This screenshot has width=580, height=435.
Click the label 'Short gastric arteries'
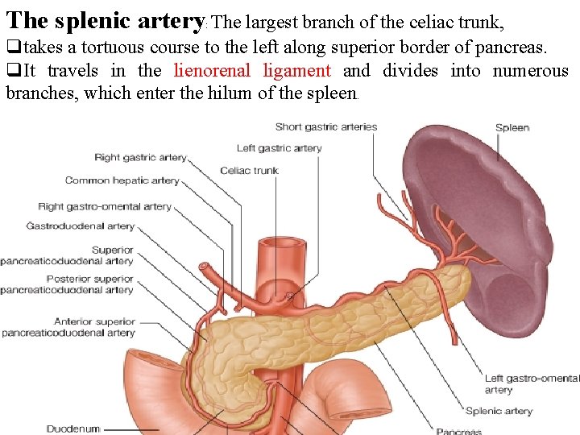pyautogui.click(x=325, y=126)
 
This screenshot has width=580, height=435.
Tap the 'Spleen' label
pyautogui.click(x=512, y=127)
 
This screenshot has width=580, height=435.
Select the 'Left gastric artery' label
pyautogui.click(x=279, y=148)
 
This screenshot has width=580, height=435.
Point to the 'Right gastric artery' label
pyautogui.click(x=140, y=158)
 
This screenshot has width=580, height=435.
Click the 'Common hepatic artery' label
pyautogui.click(x=122, y=180)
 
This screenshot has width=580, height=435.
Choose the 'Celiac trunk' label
pyautogui.click(x=249, y=171)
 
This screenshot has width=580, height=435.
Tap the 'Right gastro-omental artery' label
pyautogui.click(x=105, y=207)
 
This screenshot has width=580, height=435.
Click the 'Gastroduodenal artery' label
pyautogui.click(x=80, y=226)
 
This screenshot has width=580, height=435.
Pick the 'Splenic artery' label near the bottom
pyautogui.click(x=499, y=411)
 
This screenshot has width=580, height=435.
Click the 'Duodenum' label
pyautogui.click(x=73, y=429)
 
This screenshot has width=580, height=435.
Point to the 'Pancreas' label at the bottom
pyautogui.click(x=458, y=431)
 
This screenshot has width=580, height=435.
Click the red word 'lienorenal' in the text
pyautogui.click(x=212, y=71)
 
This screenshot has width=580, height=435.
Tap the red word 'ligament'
pyautogui.click(x=296, y=71)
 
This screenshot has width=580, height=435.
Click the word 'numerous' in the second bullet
pyautogui.click(x=531, y=71)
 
